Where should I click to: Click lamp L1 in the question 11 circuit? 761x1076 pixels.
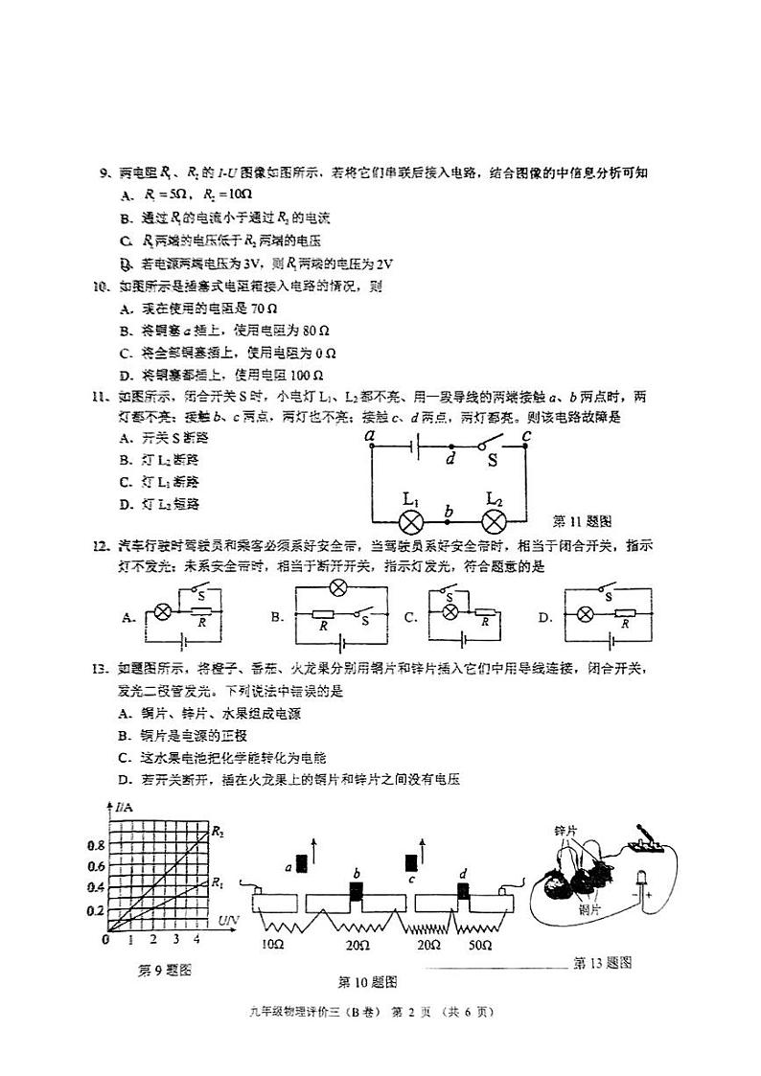[411, 522]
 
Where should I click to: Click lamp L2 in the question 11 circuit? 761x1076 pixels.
[494, 522]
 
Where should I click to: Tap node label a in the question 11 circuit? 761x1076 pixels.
[371, 436]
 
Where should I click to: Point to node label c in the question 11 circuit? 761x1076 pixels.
[526, 437]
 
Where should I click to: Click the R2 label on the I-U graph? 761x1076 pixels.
[218, 830]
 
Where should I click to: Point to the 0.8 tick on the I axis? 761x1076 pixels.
[96, 846]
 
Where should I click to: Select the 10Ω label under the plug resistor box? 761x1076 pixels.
[272, 945]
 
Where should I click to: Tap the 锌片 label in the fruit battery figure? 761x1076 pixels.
[565, 830]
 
